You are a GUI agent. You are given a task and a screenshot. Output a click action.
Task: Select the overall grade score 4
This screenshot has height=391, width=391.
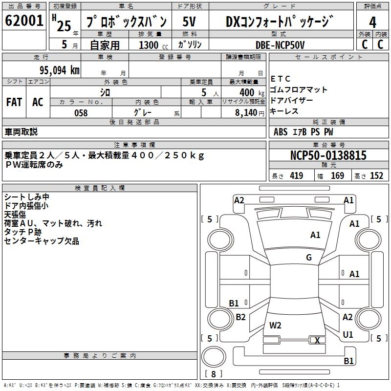point(373,22)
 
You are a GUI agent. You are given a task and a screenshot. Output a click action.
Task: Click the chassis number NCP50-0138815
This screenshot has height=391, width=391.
point(328,155)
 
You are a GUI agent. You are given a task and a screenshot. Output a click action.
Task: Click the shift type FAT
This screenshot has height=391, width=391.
point(14,102)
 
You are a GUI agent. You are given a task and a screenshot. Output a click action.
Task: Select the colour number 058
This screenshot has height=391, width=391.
point(81,113)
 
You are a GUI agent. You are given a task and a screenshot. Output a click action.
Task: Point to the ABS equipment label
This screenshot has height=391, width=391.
point(281,131)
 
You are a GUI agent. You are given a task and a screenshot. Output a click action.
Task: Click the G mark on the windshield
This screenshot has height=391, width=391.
point(309,258)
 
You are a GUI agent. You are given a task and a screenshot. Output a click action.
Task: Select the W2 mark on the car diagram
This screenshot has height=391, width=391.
point(275,325)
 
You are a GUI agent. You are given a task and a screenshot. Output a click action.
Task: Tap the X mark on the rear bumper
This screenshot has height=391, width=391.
point(317,340)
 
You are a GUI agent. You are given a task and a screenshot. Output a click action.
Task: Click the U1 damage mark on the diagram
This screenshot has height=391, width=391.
point(348,335)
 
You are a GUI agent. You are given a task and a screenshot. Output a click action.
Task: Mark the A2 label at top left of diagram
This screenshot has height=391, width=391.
point(239,200)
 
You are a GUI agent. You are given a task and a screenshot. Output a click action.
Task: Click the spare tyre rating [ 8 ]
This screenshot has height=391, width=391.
point(213,374)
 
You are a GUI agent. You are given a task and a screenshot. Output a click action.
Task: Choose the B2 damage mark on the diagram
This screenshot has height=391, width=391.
point(240,317)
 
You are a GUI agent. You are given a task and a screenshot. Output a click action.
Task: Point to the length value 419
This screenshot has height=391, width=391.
point(296,176)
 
